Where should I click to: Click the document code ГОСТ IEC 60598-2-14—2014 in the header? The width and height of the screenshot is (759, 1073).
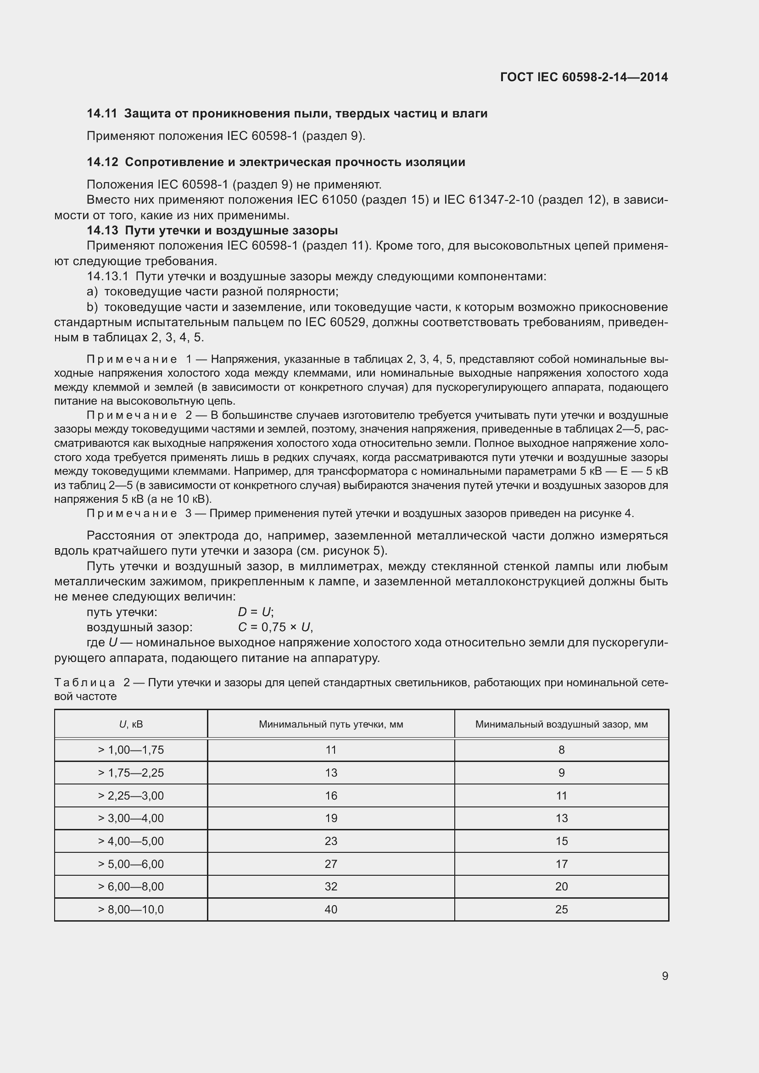(584, 77)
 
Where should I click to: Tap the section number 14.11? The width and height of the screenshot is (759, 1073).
(101, 114)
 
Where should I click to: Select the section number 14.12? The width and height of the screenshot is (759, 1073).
(102, 162)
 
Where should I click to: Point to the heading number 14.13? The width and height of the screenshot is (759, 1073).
(102, 230)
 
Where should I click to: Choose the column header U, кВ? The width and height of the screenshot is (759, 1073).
(131, 724)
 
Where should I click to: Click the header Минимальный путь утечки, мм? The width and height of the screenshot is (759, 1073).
(331, 724)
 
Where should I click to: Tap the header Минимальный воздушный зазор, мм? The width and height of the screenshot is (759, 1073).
(561, 724)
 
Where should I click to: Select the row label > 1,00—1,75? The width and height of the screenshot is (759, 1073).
(131, 750)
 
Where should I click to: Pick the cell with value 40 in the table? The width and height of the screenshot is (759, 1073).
(331, 909)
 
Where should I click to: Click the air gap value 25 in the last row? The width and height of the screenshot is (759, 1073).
(561, 909)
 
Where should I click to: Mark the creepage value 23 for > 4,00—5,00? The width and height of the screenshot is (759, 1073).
(331, 841)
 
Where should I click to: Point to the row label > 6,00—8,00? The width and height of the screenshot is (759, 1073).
(131, 887)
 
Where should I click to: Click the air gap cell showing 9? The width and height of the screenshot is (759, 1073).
(561, 773)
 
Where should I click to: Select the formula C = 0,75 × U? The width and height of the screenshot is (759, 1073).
(275, 627)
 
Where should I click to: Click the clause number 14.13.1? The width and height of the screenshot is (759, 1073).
(107, 277)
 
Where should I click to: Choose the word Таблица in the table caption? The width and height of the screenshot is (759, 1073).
(84, 683)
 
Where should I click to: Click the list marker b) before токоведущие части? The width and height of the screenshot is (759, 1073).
(92, 307)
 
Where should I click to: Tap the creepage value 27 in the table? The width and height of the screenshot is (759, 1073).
(331, 864)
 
